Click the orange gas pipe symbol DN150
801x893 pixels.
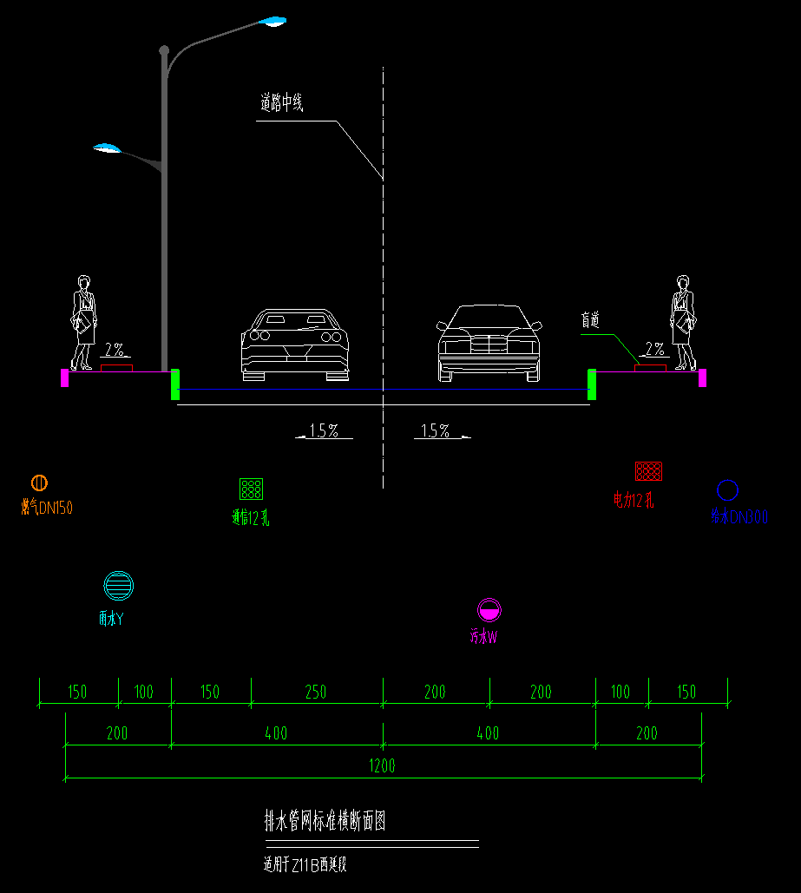(x=39, y=483)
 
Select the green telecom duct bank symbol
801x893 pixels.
(x=252, y=489)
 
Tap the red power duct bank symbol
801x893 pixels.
(x=649, y=471)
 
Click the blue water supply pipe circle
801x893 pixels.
(x=727, y=490)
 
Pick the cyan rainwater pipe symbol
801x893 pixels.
(x=118, y=586)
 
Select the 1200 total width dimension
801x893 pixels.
(x=382, y=765)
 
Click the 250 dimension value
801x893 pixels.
(x=316, y=692)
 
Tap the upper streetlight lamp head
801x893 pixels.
(x=272, y=21)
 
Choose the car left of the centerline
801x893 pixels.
(x=295, y=345)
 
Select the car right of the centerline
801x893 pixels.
(x=488, y=343)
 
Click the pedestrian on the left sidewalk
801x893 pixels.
(x=83, y=323)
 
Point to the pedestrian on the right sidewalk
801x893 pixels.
(x=683, y=323)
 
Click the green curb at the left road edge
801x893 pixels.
(x=175, y=384)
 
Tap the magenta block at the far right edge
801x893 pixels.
(x=702, y=378)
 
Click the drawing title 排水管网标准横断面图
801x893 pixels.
(x=325, y=821)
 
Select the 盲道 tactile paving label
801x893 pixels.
(x=590, y=320)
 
